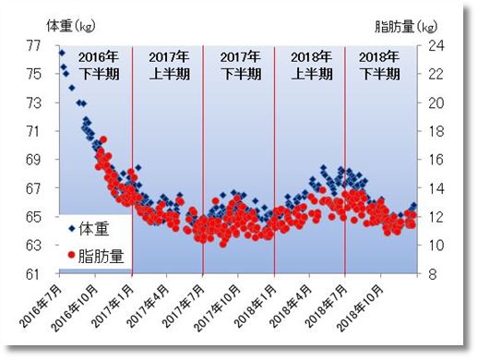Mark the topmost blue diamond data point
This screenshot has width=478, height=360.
pos(62,53)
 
